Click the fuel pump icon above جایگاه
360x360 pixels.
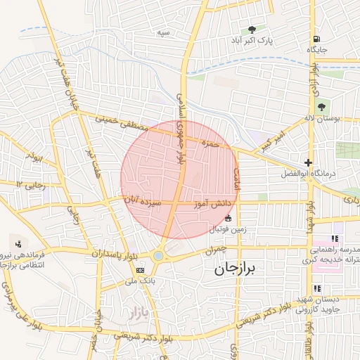(x=316, y=39)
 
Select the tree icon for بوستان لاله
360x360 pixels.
(x=321, y=107)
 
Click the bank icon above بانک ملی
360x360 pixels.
(x=140, y=269)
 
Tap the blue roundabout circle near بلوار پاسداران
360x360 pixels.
(x=159, y=256)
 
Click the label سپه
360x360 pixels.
(x=164, y=32)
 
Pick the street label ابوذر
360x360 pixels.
(x=33, y=154)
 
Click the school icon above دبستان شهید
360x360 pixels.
(x=318, y=289)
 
